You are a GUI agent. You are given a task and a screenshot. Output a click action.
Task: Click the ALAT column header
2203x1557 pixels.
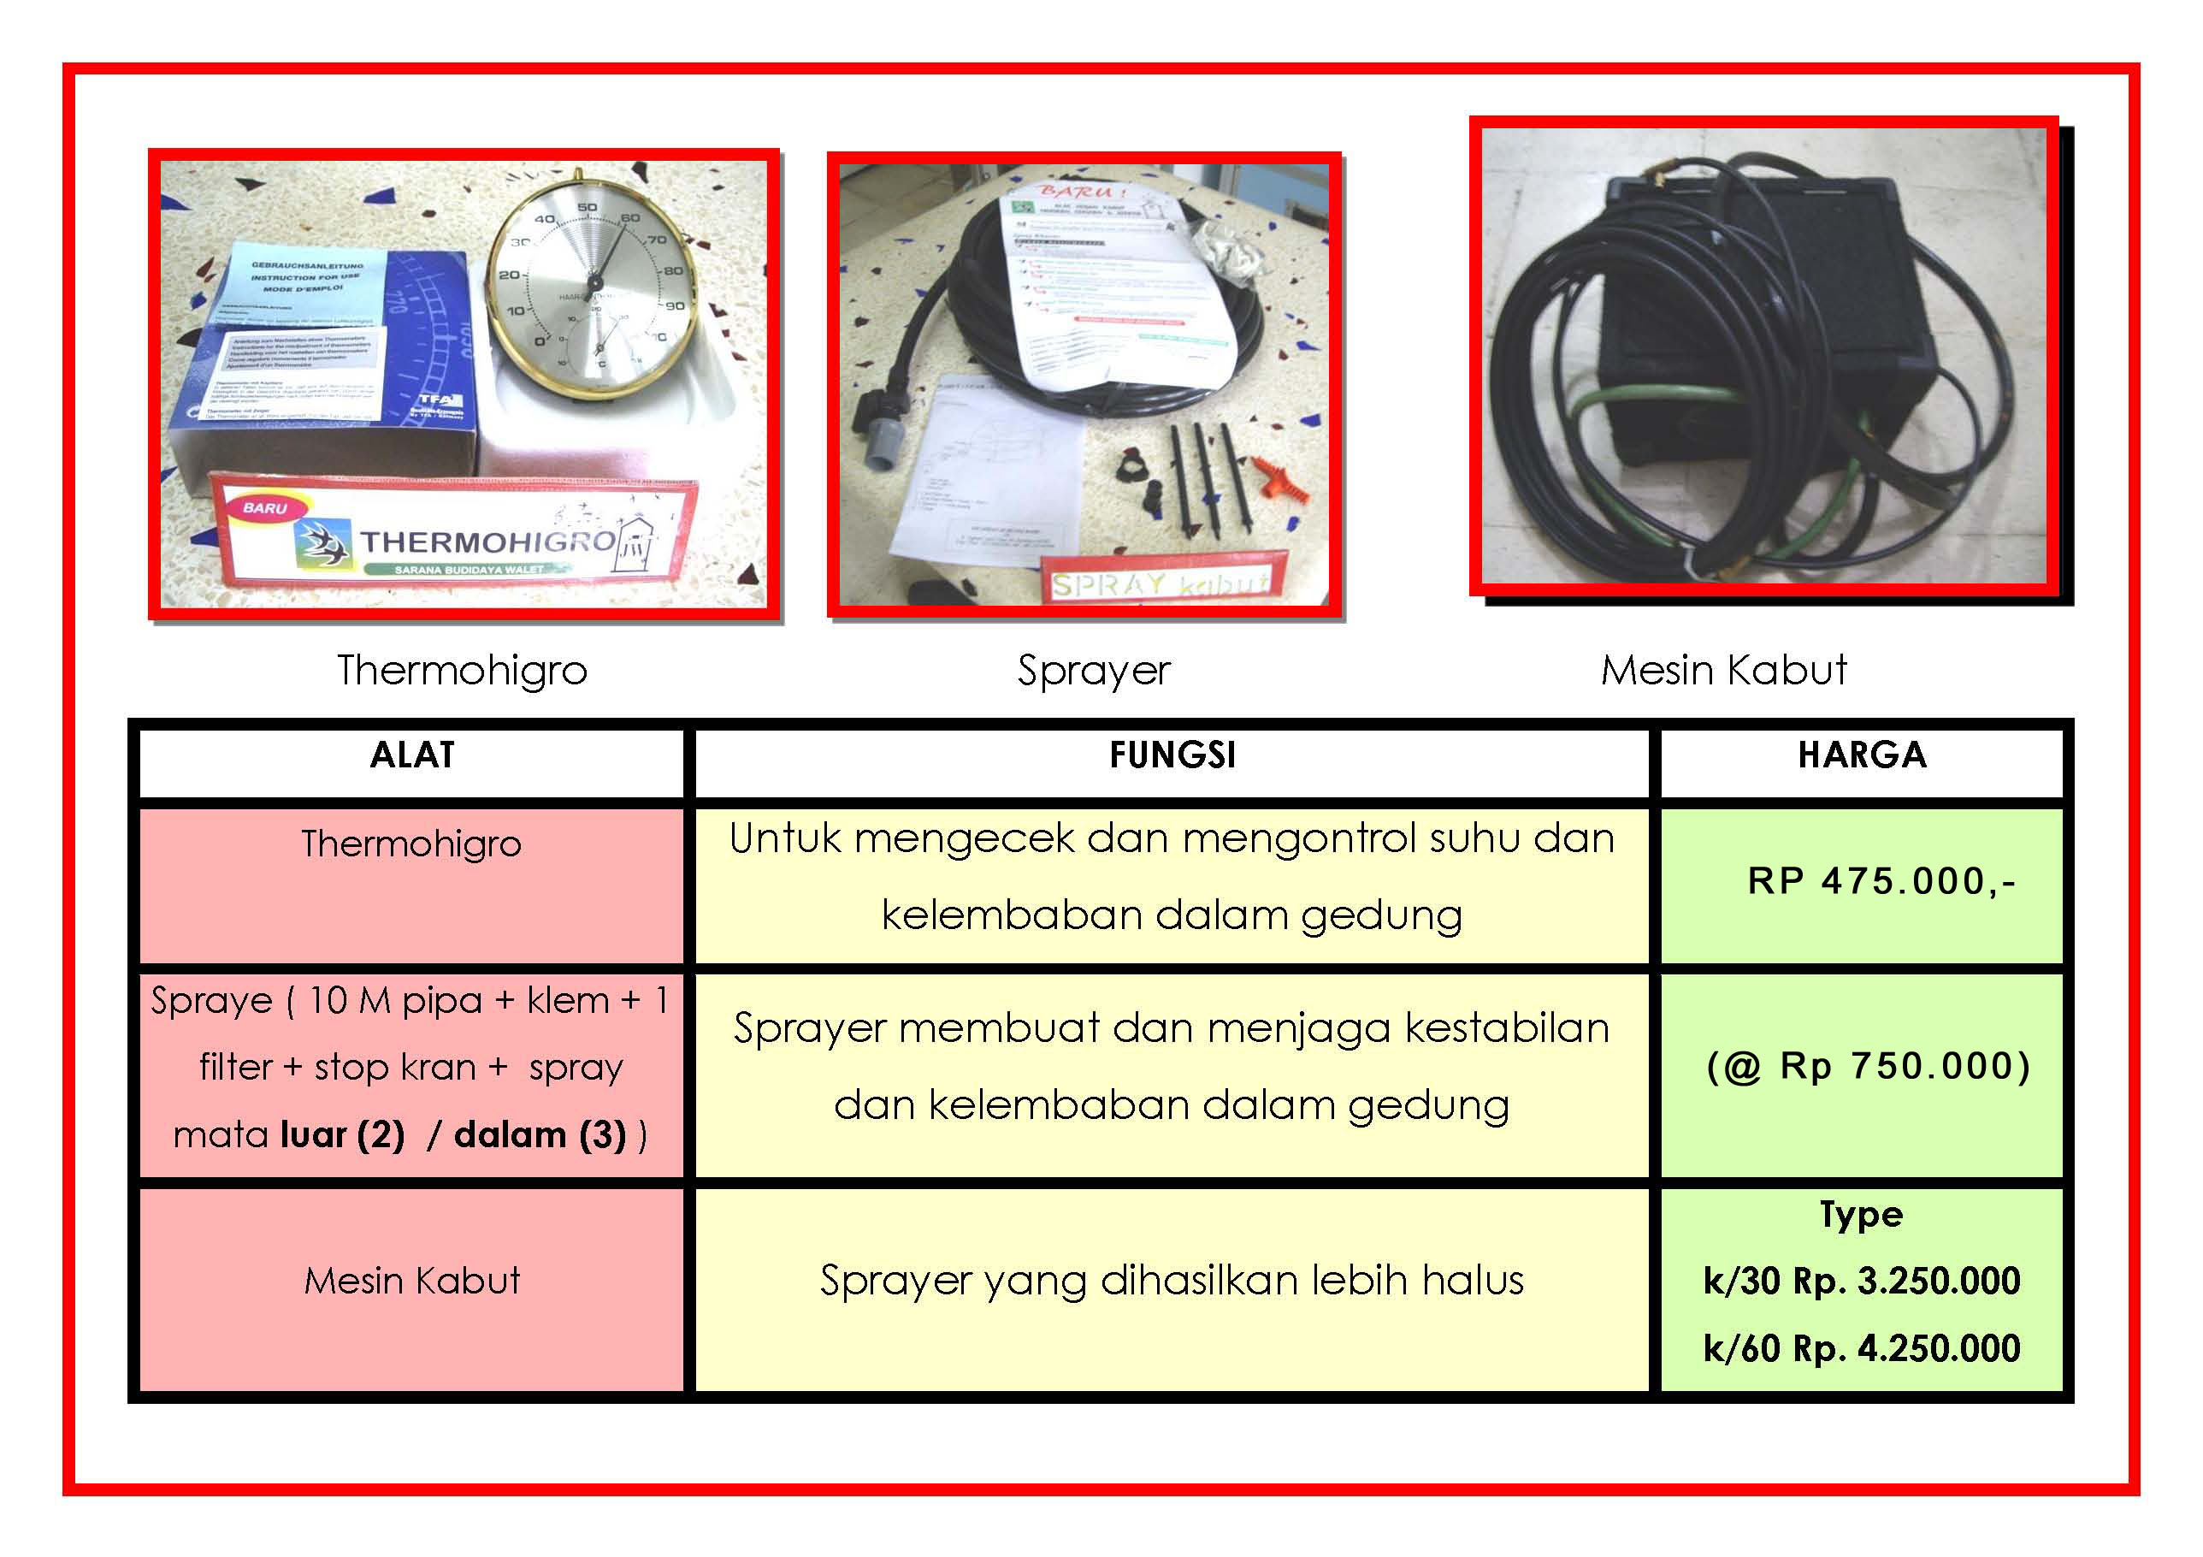(x=411, y=755)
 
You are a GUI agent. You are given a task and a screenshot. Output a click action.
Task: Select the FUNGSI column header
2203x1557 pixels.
(x=1172, y=755)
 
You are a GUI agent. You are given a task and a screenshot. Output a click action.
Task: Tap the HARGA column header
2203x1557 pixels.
(x=1862, y=755)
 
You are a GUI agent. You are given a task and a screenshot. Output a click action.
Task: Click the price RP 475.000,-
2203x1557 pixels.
(x=1881, y=881)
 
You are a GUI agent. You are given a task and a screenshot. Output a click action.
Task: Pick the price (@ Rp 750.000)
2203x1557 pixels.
(x=1868, y=1067)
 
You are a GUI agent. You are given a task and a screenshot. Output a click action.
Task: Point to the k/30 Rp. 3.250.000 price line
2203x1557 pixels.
(x=1862, y=1282)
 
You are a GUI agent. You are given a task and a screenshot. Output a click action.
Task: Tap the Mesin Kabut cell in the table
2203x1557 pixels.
(x=411, y=1282)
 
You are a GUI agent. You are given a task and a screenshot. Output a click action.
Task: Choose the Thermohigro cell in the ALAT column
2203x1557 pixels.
(x=411, y=844)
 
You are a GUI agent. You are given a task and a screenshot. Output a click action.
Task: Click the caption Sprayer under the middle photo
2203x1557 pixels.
(x=1094, y=671)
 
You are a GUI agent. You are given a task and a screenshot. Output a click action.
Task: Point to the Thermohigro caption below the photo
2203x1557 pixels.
(x=462, y=670)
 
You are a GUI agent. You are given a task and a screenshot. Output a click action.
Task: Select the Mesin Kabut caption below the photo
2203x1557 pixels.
(x=1723, y=670)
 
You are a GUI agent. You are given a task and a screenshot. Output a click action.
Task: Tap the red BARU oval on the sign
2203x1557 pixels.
(x=265, y=508)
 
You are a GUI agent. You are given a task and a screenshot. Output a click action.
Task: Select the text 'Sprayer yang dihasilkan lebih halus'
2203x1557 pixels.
(x=1172, y=1282)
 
